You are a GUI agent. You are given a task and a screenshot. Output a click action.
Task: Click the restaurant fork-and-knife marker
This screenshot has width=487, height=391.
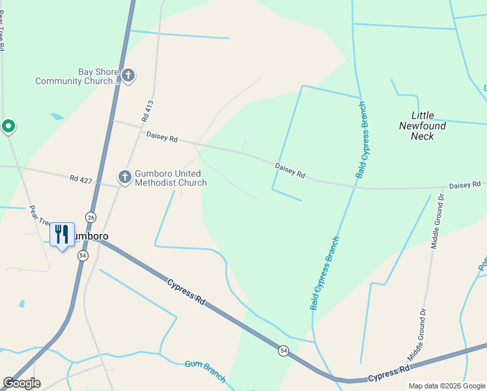(x=62, y=235)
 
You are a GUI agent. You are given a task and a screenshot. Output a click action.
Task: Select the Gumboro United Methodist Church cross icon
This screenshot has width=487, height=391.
(x=124, y=177)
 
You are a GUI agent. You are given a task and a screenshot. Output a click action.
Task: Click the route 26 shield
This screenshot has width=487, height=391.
(x=90, y=217)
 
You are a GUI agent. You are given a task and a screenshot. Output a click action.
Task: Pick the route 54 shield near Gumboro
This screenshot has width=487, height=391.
(x=83, y=256)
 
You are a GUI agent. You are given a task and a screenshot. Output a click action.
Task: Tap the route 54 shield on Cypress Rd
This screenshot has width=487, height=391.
(x=283, y=351)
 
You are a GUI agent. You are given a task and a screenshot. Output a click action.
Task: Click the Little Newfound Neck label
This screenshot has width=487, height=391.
(x=423, y=126)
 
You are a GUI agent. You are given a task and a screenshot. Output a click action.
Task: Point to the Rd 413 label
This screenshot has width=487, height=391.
(x=147, y=111)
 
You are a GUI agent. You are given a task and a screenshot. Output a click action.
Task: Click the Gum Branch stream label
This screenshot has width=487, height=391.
(x=205, y=371)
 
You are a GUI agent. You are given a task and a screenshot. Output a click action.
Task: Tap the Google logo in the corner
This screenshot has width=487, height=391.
(x=21, y=383)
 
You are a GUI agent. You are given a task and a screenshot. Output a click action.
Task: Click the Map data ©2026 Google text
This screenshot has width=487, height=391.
(x=447, y=386)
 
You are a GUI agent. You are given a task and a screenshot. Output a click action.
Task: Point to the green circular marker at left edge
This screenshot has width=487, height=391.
(x=8, y=125)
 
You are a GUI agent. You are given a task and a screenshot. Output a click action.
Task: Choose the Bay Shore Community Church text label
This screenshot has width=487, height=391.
(x=78, y=77)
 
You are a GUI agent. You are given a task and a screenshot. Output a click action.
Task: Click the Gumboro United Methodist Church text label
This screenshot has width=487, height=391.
(x=171, y=178)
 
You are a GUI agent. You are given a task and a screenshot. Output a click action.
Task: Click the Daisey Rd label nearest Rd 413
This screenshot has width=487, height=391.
(x=162, y=137)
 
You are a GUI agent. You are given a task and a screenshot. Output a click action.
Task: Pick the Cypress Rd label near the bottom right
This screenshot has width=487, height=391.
(x=389, y=373)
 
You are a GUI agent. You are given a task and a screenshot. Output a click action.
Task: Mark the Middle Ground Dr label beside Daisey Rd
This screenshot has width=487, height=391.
(x=437, y=221)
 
